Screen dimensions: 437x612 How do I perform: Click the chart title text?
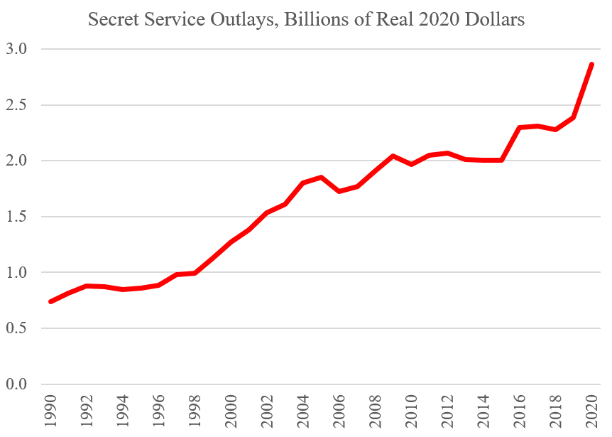pyautogui.click(x=306, y=19)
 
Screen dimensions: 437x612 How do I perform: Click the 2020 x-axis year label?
pyautogui.click(x=591, y=411)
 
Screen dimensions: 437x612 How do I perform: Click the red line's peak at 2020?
pyautogui.click(x=591, y=65)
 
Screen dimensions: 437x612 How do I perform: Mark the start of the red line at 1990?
pyautogui.click(x=50, y=301)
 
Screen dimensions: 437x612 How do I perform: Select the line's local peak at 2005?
pyautogui.click(x=321, y=178)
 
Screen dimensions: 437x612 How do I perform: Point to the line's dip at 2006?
pyautogui.click(x=339, y=191)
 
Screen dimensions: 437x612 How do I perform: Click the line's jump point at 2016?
pyautogui.click(x=520, y=128)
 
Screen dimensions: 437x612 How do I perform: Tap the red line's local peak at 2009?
pyautogui.click(x=393, y=156)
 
